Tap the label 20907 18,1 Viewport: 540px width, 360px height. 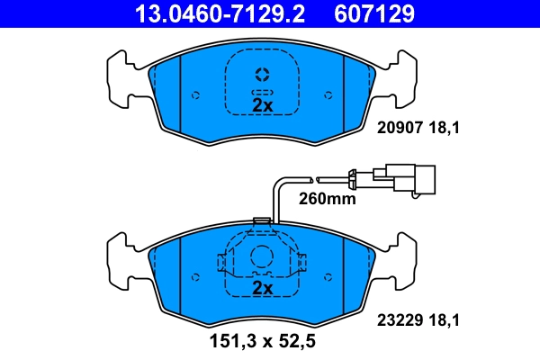coord(417,130)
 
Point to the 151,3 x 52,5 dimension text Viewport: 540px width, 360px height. coord(262,341)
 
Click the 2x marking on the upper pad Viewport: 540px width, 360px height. coord(262,105)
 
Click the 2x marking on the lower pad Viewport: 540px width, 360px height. coord(262,288)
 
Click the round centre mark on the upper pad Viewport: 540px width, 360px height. coord(262,74)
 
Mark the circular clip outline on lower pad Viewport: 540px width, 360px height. coord(262,256)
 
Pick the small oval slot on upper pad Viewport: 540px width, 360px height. coord(262,93)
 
